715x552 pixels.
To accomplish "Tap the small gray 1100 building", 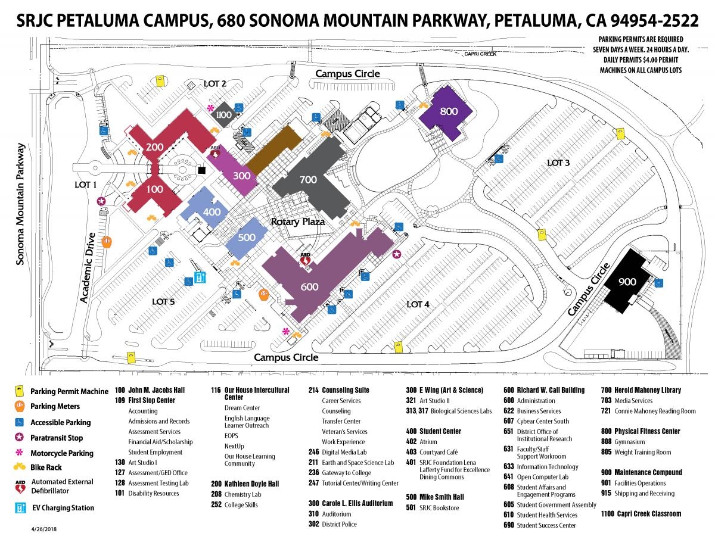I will pos(224,114).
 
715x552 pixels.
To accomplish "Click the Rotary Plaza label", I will pos(298,222).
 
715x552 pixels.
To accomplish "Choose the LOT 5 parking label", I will pos(163,301).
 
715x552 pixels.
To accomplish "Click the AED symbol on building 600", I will pos(305,258).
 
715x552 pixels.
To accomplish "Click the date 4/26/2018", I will pos(45,528).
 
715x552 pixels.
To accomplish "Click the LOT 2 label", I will pos(215,83).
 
